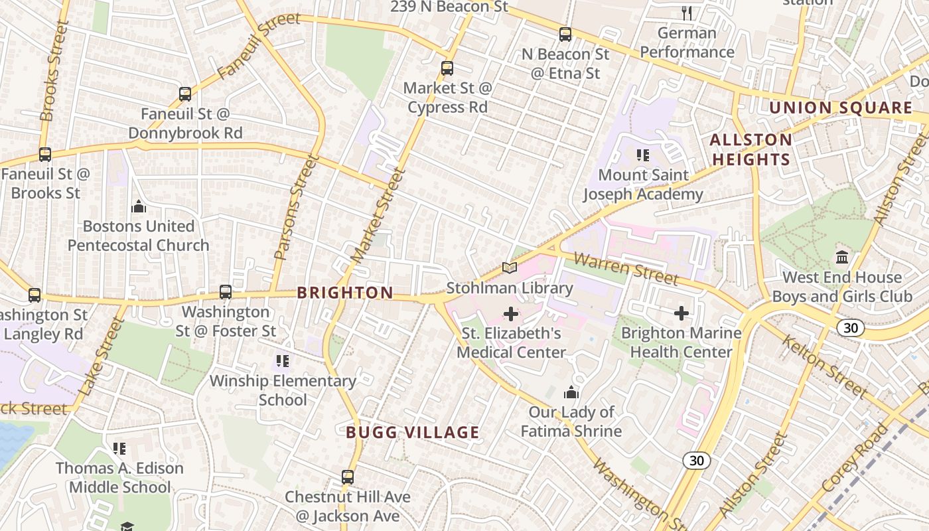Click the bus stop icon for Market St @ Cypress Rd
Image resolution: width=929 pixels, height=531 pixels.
[447, 68]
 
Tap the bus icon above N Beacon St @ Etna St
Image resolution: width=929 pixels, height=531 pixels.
[565, 35]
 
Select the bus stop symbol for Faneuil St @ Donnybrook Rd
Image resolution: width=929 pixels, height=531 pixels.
[185, 94]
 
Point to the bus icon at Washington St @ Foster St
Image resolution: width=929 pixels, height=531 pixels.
[226, 292]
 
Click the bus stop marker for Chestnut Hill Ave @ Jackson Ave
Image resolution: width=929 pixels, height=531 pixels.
[348, 477]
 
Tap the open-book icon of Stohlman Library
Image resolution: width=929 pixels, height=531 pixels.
[510, 268]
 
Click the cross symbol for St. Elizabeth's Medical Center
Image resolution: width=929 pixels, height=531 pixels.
[511, 313]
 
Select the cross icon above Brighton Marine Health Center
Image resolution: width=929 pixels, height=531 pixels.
[681, 313]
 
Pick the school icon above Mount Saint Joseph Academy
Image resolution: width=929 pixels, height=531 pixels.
[642, 155]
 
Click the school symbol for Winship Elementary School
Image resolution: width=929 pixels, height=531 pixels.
[283, 361]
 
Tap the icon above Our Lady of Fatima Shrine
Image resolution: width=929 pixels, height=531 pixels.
[571, 393]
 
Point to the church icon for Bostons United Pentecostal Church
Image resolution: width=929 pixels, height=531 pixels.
[139, 206]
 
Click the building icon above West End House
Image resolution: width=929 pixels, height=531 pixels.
[842, 257]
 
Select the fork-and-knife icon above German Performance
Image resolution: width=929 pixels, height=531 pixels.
[687, 13]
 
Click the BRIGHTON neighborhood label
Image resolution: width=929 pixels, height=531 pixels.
[345, 293]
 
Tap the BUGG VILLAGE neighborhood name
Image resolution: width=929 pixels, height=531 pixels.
[412, 433]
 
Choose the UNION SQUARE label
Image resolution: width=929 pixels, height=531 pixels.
[841, 108]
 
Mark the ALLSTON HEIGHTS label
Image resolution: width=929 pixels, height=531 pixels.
[750, 149]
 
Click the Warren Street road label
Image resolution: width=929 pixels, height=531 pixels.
[626, 267]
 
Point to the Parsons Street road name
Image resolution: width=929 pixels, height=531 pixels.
[293, 207]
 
